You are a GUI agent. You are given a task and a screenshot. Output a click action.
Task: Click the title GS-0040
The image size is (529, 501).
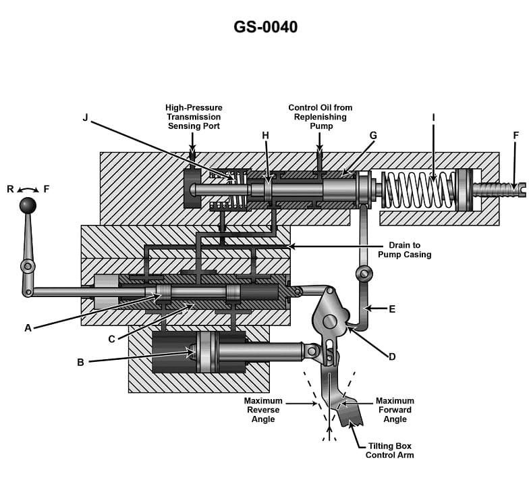coord(265,27)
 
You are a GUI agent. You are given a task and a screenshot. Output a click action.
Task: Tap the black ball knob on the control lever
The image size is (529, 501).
coord(27,205)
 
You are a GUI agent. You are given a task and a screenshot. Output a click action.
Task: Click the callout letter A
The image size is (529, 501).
coord(28,327)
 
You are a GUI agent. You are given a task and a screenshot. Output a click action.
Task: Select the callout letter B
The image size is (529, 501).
coord(80,362)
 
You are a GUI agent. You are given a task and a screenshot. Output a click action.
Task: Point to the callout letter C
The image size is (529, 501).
coord(112,339)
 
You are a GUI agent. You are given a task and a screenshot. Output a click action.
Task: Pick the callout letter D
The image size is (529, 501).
coord(391,356)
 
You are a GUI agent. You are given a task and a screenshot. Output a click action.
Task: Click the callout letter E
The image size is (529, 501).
coord(392,309)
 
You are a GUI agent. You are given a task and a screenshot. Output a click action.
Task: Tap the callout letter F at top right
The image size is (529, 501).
coord(516,136)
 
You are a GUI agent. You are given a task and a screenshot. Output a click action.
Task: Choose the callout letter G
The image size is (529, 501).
coord(373,136)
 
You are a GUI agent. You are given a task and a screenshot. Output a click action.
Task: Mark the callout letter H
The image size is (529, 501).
coord(265,136)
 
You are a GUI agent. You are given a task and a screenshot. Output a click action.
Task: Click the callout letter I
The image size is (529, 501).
coord(433,117)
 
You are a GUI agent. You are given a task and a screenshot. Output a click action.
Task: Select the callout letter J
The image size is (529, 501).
coord(86,117)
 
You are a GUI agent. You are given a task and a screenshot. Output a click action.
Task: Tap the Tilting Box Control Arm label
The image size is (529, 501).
coord(389,450)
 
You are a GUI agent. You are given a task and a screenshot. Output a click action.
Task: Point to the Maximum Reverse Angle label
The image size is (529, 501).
coord(262,410)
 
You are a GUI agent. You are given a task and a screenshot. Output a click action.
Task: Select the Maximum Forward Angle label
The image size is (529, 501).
coord(395,410)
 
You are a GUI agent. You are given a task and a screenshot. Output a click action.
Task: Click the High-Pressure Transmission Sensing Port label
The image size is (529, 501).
coord(194,117)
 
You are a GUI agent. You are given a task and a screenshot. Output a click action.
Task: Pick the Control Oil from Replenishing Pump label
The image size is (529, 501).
coord(320,117)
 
